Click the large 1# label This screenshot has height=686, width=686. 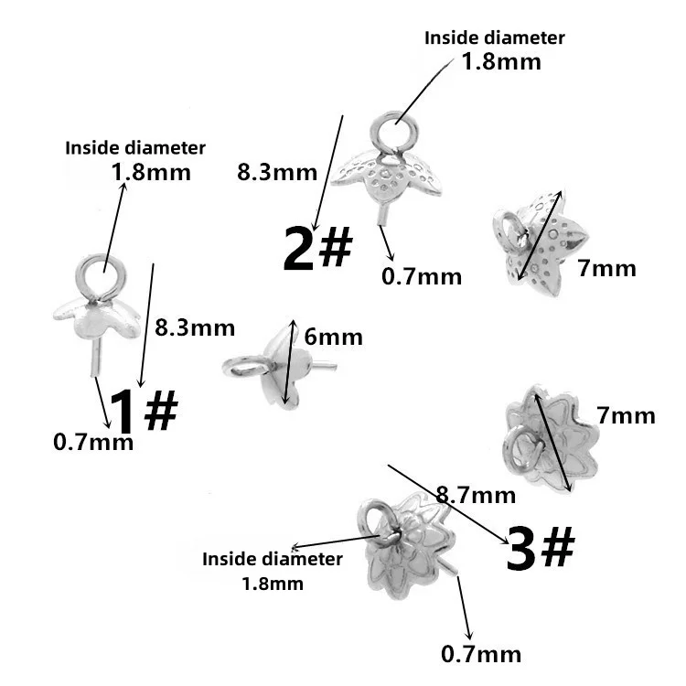coord(144,411)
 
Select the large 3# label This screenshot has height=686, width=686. coord(540,550)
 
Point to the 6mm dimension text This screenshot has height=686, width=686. coord(333,338)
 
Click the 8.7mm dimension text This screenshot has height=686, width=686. coord(476,496)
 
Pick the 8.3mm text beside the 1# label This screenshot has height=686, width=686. coord(195,327)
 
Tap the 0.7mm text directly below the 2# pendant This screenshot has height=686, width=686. coord(422,275)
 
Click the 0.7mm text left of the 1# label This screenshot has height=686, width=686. coord(93,443)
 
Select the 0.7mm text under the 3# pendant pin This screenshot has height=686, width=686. coord(481,654)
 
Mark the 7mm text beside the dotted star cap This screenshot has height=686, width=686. coord(606,268)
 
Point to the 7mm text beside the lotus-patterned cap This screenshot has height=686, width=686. coord(626,415)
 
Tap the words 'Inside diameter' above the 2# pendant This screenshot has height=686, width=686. coord(495,38)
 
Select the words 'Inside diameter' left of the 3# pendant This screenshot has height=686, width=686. coord(273,558)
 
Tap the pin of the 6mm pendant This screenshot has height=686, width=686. coord(324,368)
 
